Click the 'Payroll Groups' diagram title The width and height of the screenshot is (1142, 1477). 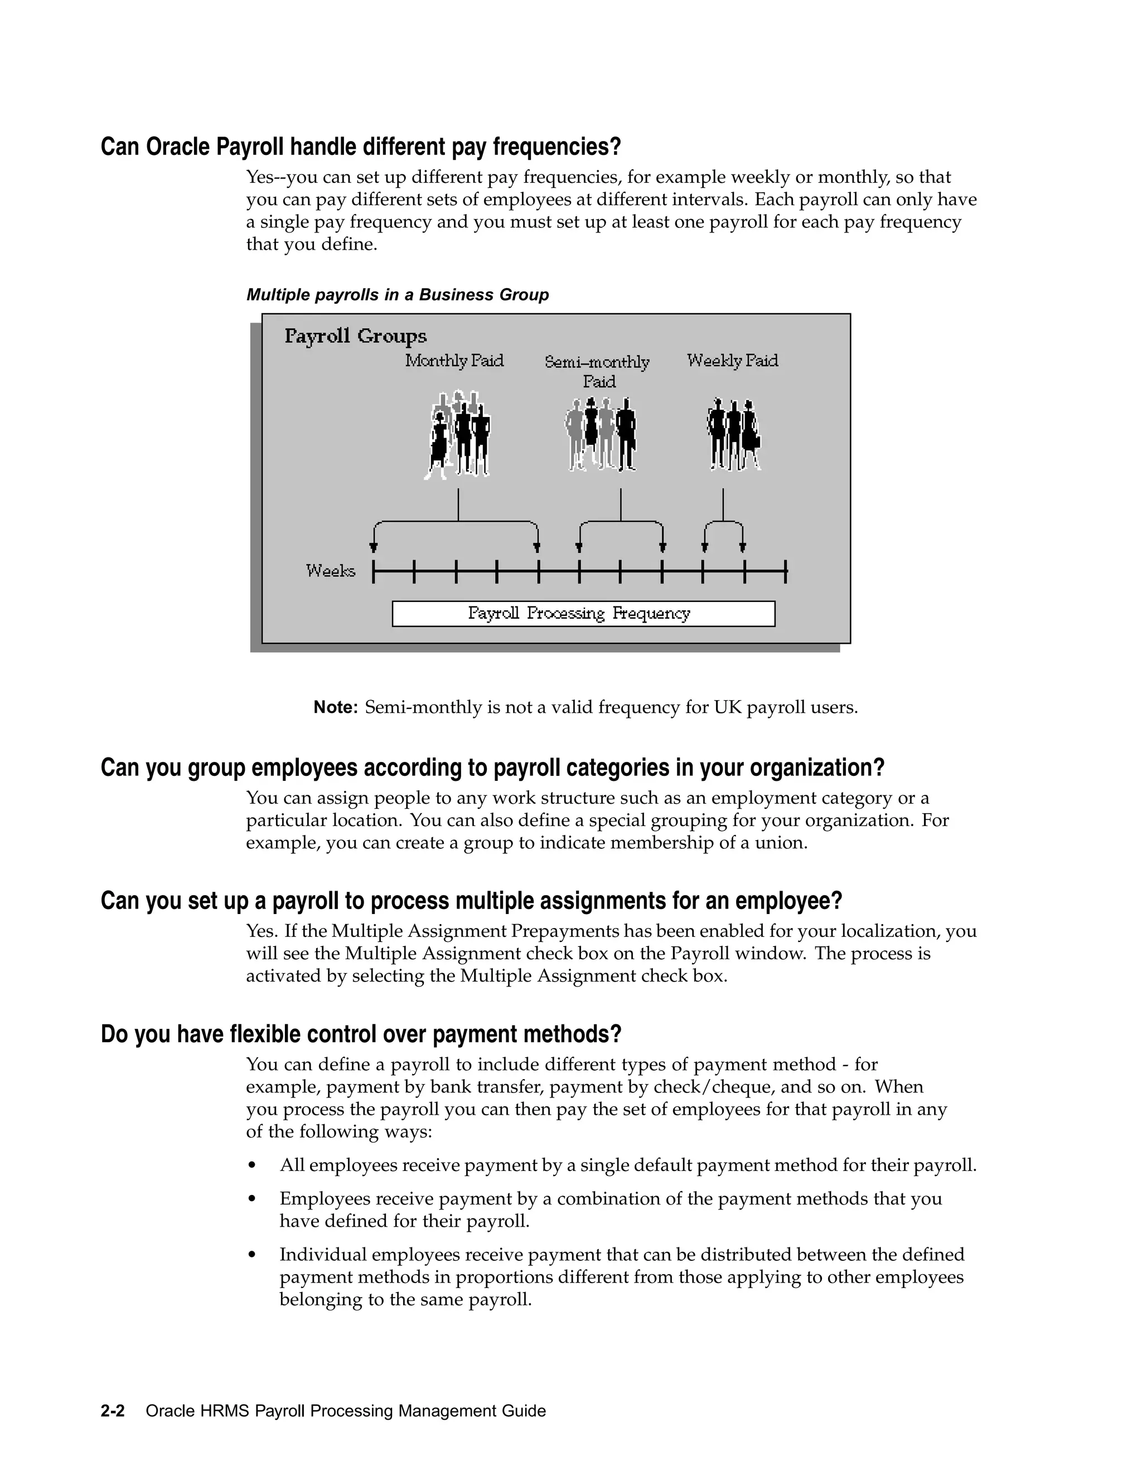pos(355,336)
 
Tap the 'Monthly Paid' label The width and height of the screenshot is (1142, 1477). pos(454,361)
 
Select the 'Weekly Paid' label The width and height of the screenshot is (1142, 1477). pos(732,361)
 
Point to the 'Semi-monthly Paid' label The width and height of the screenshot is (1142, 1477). pos(597,371)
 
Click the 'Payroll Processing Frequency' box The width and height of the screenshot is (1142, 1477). pos(583,614)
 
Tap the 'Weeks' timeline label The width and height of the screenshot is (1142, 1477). pos(330,571)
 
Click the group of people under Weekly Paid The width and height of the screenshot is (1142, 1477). pos(733,434)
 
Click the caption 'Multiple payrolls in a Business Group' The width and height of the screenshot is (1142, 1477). pos(397,295)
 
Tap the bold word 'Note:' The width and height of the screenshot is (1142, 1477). pos(335,707)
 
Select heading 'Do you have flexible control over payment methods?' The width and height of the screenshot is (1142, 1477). pos(361,1034)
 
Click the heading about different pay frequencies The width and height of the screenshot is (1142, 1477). pos(361,147)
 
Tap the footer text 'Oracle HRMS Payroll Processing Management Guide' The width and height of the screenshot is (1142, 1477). pos(346,1411)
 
